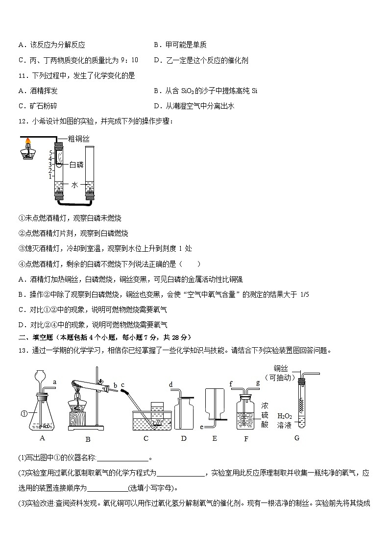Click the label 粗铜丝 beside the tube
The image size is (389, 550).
[x=78, y=139]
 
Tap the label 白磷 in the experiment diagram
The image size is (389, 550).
[x=76, y=165]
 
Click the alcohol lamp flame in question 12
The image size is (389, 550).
[x=28, y=142]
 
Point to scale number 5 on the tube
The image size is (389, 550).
[x=50, y=153]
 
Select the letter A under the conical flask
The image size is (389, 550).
[x=43, y=438]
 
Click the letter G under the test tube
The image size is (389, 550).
[x=297, y=438]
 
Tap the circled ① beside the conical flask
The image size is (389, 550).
[x=24, y=414]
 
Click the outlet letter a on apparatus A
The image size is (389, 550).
[x=54, y=382]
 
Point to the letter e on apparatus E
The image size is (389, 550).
[x=202, y=427]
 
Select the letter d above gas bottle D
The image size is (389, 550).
[x=171, y=384]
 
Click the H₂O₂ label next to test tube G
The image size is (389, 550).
[x=285, y=416]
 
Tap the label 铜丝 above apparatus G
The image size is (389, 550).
[x=281, y=368]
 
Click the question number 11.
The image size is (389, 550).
[x=23, y=76]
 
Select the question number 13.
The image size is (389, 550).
[x=23, y=350]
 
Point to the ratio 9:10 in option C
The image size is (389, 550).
[x=129, y=60]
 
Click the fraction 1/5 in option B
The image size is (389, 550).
[x=304, y=295]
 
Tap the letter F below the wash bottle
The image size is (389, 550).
[x=246, y=439]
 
